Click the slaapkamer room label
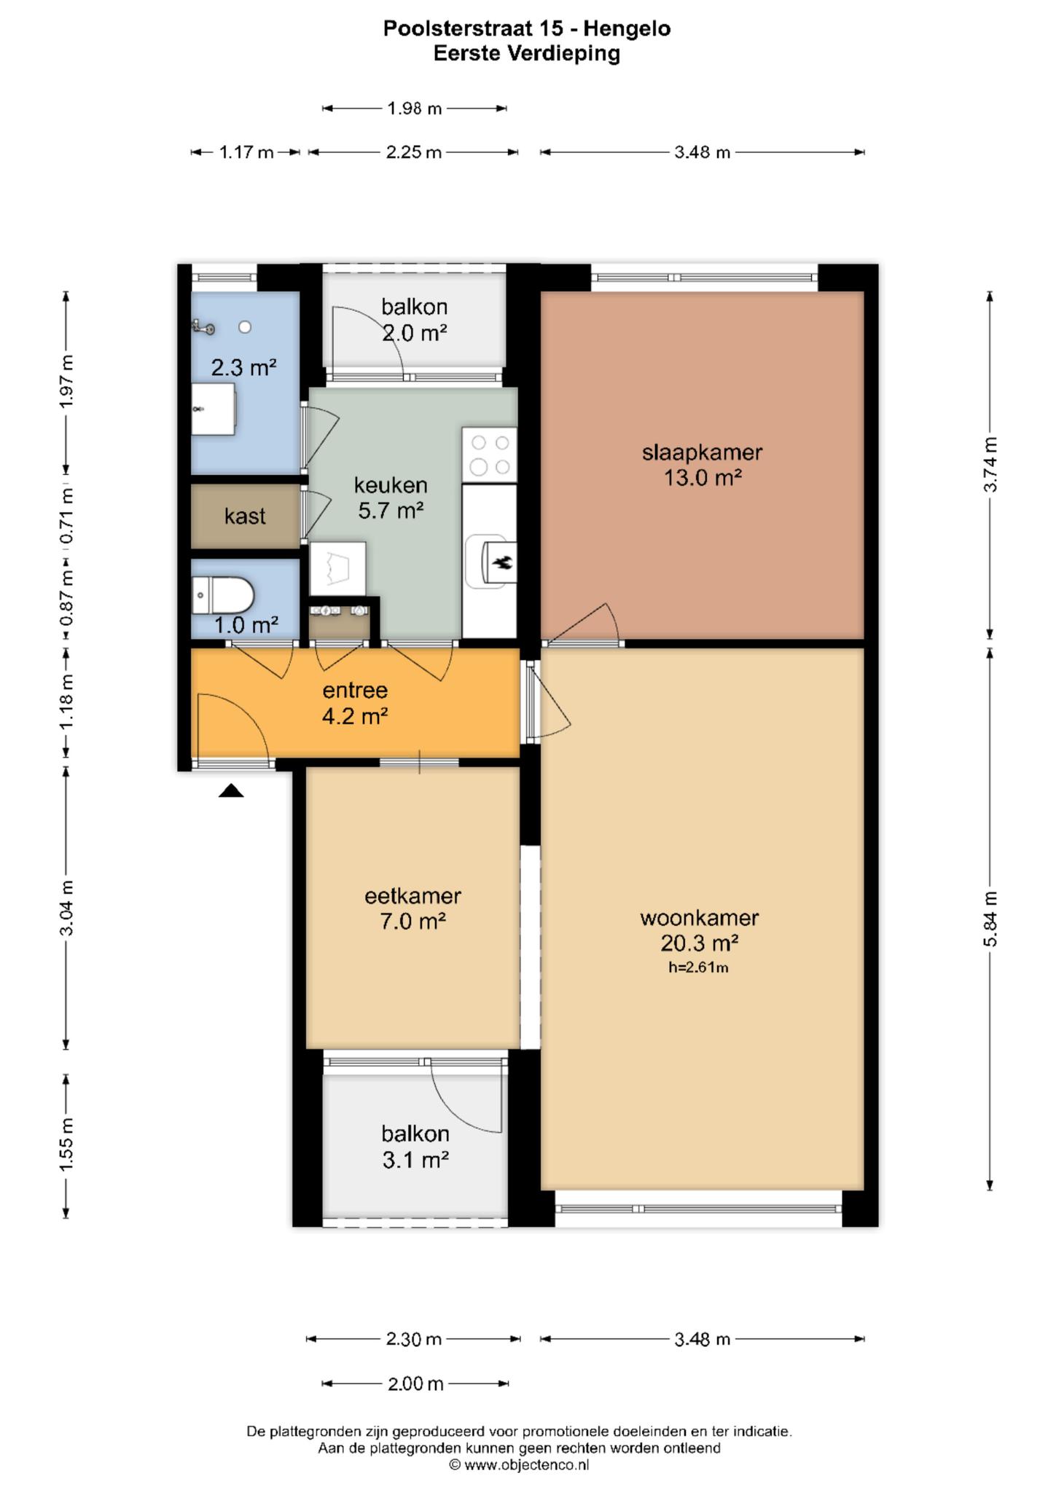(x=702, y=452)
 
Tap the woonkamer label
(x=700, y=918)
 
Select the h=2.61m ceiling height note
(x=699, y=967)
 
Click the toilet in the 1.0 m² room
(x=222, y=596)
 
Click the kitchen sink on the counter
(x=491, y=562)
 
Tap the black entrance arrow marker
(x=231, y=790)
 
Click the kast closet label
(x=245, y=516)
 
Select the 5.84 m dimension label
(x=990, y=919)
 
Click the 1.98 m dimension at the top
(x=415, y=109)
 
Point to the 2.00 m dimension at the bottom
(x=415, y=1383)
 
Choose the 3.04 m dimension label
(x=66, y=907)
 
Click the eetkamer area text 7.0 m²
(x=412, y=922)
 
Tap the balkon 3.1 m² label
(x=415, y=1147)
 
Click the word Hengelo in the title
(x=627, y=28)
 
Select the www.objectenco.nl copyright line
(x=519, y=1464)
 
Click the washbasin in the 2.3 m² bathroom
(x=214, y=409)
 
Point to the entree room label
(x=355, y=691)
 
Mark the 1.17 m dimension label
(x=246, y=152)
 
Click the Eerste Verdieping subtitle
(x=527, y=53)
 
